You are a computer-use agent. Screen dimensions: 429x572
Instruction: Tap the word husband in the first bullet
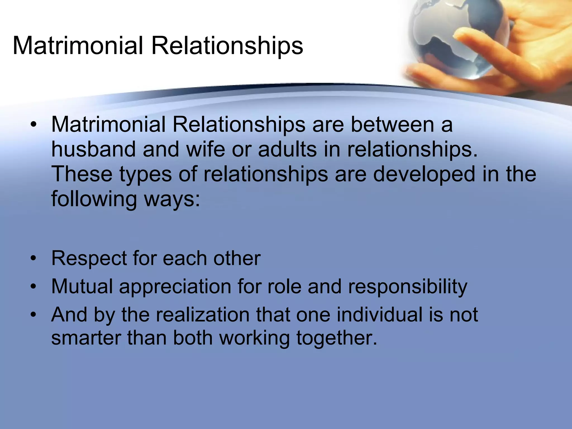point(94,149)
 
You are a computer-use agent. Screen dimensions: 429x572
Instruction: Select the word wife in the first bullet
point(206,149)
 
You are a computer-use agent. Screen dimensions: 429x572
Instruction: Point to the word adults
point(287,149)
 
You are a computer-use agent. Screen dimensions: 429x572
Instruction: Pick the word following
point(94,199)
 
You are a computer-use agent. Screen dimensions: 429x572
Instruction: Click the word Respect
point(89,258)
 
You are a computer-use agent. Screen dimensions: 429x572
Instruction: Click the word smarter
point(86,338)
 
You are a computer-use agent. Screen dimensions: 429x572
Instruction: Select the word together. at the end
point(337,338)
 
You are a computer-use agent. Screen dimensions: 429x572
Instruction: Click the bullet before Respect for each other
point(34,258)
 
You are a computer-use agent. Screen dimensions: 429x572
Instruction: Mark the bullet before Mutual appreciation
point(34,287)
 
